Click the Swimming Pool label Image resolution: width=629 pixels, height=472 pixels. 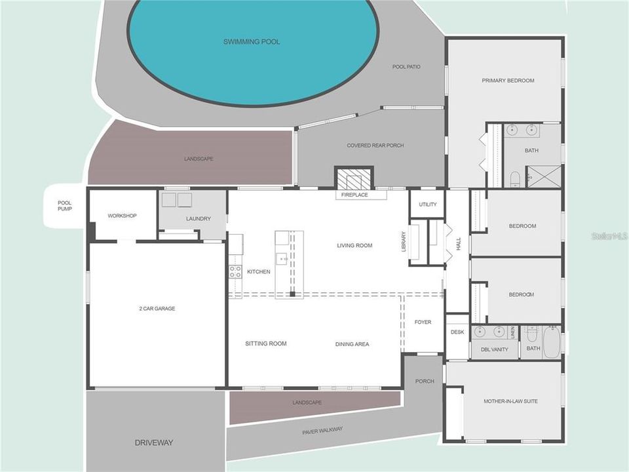[x=252, y=42]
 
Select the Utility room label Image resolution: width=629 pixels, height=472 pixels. [x=428, y=205]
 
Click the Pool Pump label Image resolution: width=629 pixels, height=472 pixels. [x=65, y=206]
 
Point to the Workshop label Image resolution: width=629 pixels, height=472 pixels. [x=122, y=216]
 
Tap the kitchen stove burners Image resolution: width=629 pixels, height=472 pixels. [x=235, y=271]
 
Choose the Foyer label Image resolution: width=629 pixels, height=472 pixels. [x=423, y=322]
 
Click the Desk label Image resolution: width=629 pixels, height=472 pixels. [x=457, y=332]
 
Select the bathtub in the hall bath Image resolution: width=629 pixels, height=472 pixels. [x=552, y=342]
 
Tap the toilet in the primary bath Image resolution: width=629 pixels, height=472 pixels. [x=515, y=179]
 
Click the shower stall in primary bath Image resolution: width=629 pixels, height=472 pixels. [x=543, y=176]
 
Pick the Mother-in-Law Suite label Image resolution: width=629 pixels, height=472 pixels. [x=510, y=401]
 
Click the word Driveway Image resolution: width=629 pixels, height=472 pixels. [x=153, y=442]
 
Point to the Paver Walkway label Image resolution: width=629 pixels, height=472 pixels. [x=322, y=431]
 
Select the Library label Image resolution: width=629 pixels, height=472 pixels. [x=404, y=242]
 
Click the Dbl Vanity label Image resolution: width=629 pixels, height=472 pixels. [x=494, y=349]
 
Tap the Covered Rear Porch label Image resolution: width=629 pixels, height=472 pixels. [x=375, y=146]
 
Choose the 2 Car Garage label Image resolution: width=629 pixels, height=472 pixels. [x=157, y=309]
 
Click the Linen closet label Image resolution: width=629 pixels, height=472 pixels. [x=512, y=332]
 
